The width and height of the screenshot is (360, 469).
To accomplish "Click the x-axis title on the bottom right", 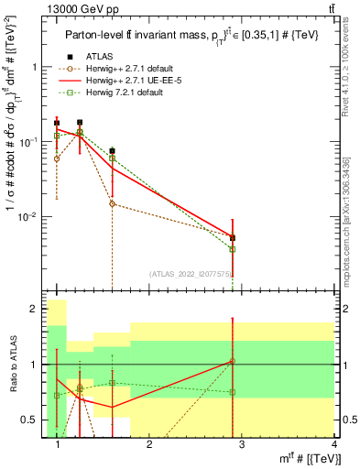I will [x=311, y=459].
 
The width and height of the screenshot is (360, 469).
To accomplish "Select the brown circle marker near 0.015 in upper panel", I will [x=112, y=203].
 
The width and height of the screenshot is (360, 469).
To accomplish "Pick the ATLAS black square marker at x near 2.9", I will [x=233, y=237].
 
